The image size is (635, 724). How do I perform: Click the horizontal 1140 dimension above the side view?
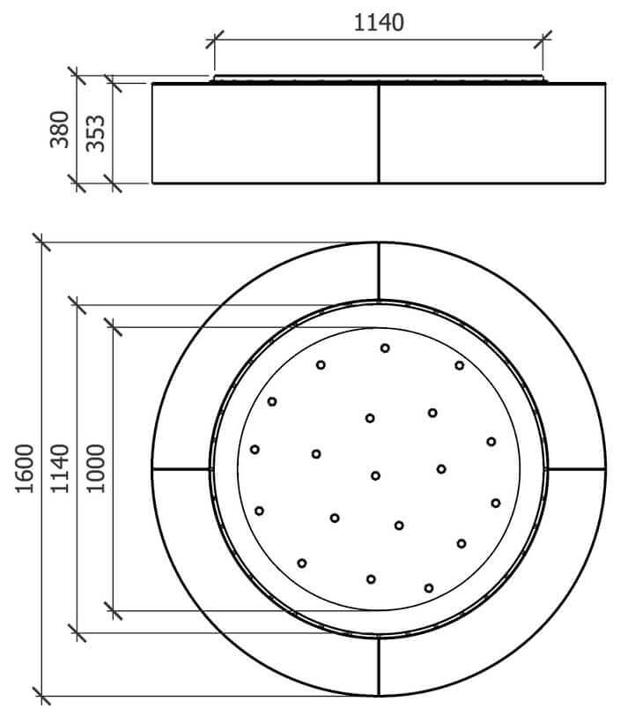pyautogui.click(x=379, y=22)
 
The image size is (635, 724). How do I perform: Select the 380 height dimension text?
pyautogui.click(x=60, y=130)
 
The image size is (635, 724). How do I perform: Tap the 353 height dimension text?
pyautogui.click(x=95, y=133)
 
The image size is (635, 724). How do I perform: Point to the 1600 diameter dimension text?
pyautogui.click(x=25, y=468)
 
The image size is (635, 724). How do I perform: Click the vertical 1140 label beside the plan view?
pyautogui.click(x=60, y=468)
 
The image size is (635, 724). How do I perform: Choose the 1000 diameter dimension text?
pyautogui.click(x=95, y=468)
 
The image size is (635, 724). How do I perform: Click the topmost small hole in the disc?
pyautogui.click(x=385, y=348)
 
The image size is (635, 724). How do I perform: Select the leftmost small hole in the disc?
pyautogui.click(x=255, y=449)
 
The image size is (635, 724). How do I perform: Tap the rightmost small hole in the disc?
pyautogui.click(x=496, y=504)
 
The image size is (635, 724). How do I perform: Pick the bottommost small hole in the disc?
pyautogui.click(x=429, y=588)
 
